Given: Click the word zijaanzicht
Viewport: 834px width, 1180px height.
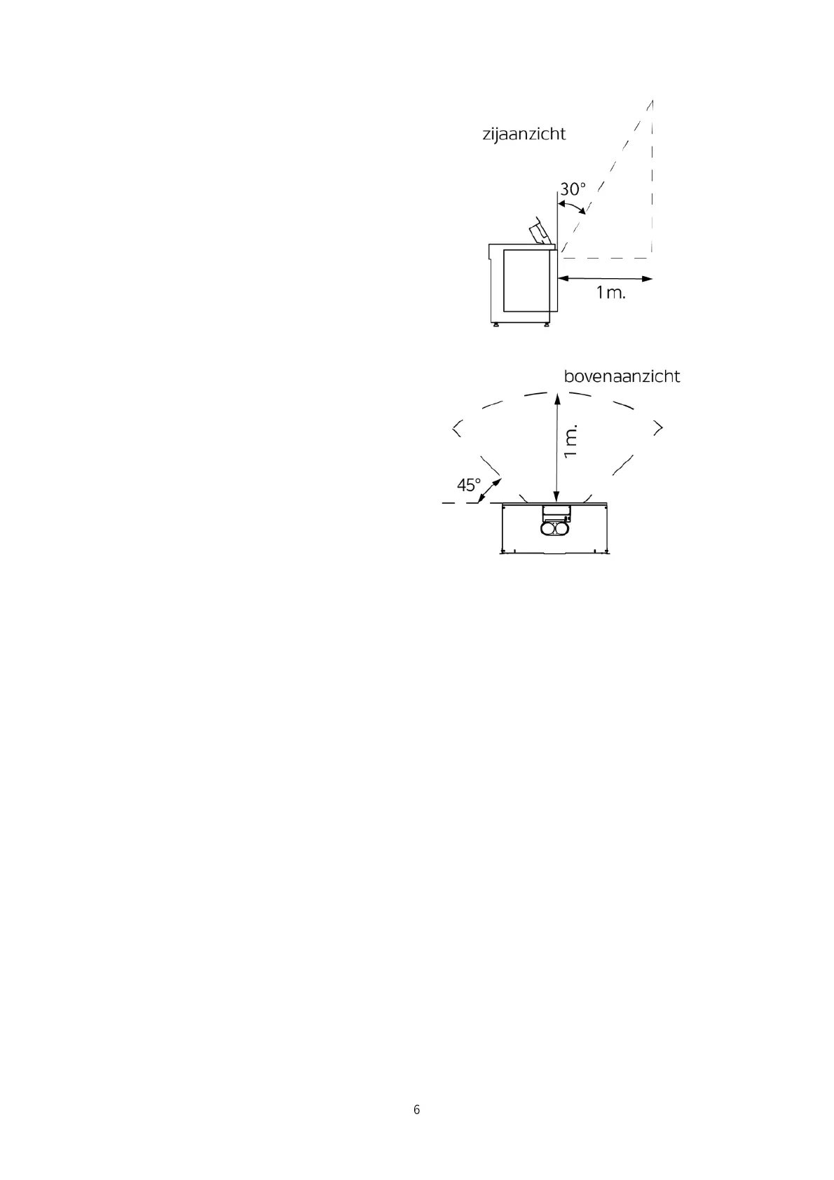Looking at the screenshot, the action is click(524, 135).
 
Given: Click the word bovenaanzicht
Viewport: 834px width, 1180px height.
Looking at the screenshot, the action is click(622, 377).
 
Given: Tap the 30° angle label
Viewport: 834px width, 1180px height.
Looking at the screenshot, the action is click(572, 189).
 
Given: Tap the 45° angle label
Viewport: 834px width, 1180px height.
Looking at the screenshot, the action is click(469, 485).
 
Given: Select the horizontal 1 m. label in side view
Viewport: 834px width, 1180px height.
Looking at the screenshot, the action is click(610, 293).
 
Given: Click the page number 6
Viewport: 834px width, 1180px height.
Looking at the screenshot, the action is click(417, 1110).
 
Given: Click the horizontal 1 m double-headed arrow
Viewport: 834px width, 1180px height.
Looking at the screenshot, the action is click(606, 279).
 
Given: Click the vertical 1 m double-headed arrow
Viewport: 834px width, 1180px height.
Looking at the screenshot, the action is click(556, 448).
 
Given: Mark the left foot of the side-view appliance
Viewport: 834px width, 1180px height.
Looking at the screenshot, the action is click(495, 324).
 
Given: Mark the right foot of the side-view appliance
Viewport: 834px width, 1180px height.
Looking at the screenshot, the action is click(547, 324).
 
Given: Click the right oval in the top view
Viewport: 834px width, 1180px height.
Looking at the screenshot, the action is click(563, 530).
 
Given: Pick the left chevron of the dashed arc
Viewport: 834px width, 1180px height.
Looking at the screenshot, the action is click(457, 427).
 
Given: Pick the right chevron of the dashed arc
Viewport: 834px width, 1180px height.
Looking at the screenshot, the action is click(657, 427).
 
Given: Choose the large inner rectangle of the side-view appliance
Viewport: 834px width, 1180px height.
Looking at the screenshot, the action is click(526, 280).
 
